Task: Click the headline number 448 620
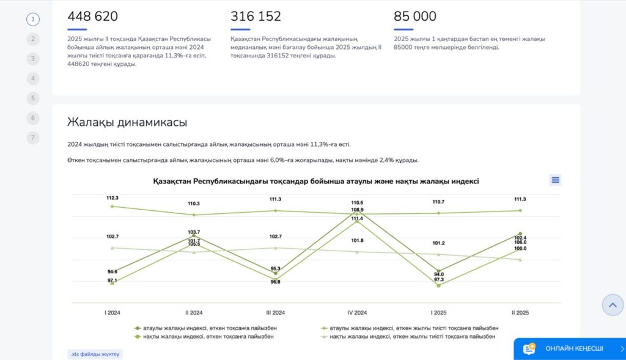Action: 93,17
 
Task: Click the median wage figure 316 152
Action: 256,17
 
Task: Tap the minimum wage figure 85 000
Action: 415,17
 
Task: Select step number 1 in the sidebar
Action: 33,19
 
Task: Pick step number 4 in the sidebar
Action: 33,78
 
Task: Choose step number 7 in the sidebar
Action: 33,138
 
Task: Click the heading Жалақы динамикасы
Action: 127,122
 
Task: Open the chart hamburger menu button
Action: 555,180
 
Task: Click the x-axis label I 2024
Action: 112,312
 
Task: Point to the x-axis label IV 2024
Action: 357,312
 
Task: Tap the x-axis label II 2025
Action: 520,312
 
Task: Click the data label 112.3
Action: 112,198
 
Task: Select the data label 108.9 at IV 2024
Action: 357,210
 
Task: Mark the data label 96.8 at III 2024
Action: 275,282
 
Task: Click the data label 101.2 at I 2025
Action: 438,243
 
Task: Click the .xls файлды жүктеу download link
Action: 95,354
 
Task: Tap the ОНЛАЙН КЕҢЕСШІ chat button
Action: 569,348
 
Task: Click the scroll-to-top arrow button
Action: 613,304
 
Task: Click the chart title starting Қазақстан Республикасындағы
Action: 316,182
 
